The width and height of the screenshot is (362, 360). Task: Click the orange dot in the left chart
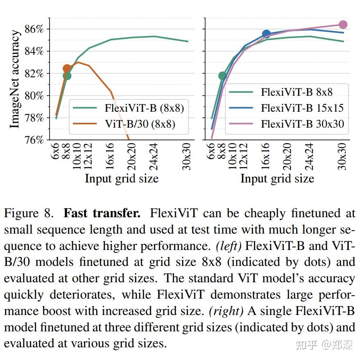[x=67, y=68]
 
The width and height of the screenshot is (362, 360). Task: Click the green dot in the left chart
[x=67, y=76]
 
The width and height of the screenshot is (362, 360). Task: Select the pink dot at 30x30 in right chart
[x=343, y=25]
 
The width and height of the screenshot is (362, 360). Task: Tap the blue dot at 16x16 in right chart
[x=267, y=34]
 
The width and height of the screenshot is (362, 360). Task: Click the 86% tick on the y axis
[x=34, y=29]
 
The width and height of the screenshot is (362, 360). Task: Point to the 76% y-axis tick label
[x=34, y=140]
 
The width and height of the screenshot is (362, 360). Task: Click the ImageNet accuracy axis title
[x=15, y=79]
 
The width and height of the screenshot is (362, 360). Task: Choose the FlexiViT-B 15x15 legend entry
[x=302, y=108]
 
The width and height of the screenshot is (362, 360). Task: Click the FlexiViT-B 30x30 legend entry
[x=302, y=124]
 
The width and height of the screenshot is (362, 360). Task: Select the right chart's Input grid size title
[x=277, y=178]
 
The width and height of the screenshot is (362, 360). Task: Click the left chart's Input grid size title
[x=122, y=178]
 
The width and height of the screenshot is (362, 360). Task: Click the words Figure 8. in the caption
[x=29, y=214]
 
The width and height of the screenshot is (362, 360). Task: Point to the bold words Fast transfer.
[x=102, y=214]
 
